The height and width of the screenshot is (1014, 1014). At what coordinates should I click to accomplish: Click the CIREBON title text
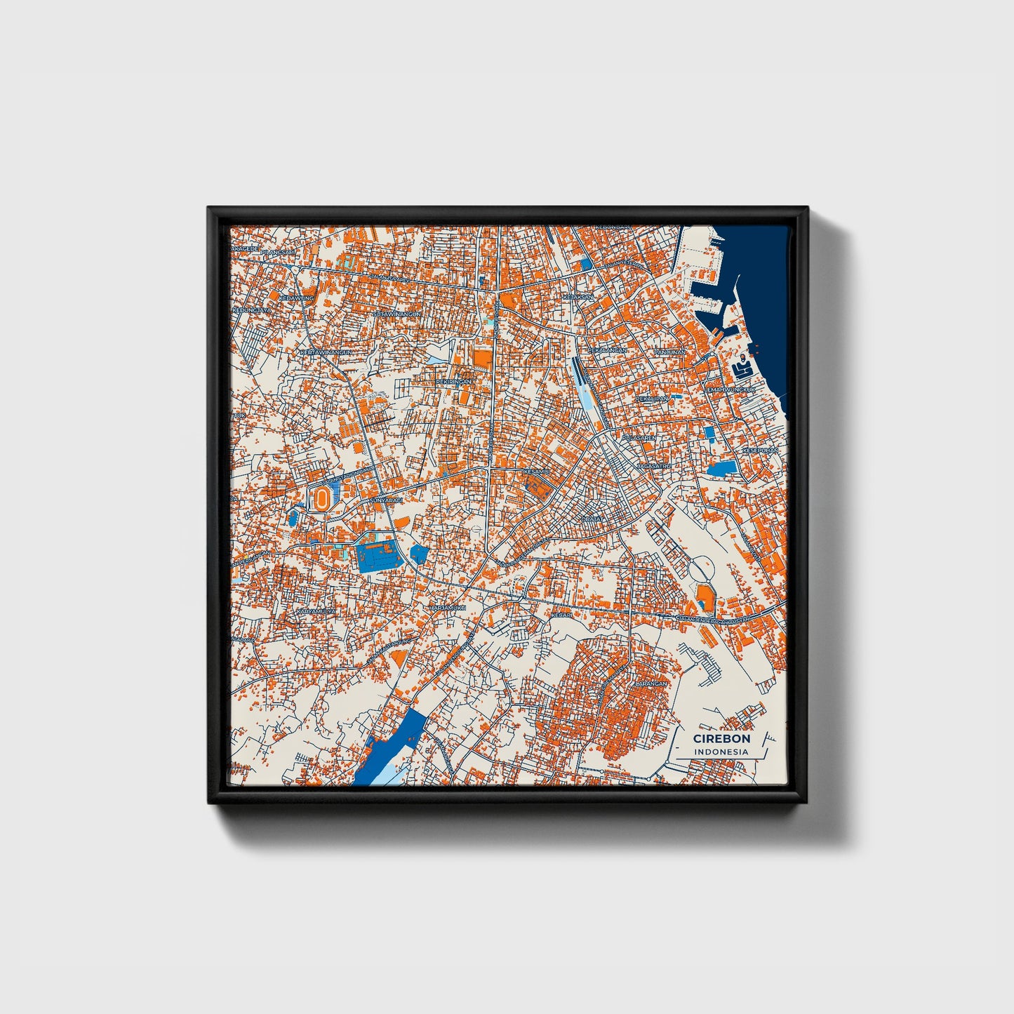tap(721, 738)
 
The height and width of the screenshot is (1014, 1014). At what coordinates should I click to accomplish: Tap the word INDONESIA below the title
tap(721, 752)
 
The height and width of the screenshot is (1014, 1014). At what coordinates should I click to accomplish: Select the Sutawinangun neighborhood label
tap(396, 314)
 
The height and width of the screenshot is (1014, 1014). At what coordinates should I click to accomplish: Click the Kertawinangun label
tap(324, 352)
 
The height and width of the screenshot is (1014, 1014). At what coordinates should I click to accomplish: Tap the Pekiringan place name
tap(454, 381)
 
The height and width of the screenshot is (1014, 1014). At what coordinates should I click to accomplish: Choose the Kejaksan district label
tap(578, 297)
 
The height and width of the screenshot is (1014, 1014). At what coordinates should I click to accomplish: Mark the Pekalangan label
tap(607, 349)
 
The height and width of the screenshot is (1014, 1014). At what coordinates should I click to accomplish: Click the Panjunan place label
tap(669, 352)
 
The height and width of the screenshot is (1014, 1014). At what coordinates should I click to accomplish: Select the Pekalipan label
tap(652, 399)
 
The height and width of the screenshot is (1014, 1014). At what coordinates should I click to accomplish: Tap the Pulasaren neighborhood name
tap(639, 437)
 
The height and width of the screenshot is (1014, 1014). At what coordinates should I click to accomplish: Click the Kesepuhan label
tap(761, 451)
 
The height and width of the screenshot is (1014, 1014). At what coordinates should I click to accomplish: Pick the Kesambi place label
tap(536, 472)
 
